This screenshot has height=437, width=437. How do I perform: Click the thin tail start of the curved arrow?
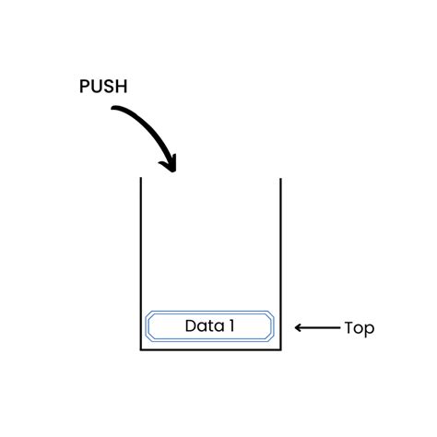point(114,109)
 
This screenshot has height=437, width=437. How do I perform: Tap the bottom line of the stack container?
point(210,349)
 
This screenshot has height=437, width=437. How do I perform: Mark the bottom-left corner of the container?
point(140,349)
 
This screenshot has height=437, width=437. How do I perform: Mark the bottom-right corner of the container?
point(279,349)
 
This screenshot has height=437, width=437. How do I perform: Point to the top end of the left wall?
point(140,178)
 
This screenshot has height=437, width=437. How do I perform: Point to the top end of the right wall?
point(279,178)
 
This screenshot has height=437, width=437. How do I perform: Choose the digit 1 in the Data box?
point(230,325)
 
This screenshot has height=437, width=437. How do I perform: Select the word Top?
point(359,327)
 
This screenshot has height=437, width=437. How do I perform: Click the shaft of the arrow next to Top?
point(319,327)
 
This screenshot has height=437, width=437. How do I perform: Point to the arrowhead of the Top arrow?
point(299,327)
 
